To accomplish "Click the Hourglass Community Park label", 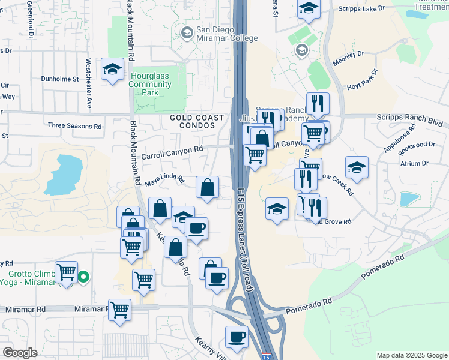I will click(x=150, y=85).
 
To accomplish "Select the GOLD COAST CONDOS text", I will click(x=197, y=122).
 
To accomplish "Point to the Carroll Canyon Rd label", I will click(x=172, y=152).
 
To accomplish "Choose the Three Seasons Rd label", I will click(x=75, y=126).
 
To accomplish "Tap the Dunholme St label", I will click(x=59, y=79).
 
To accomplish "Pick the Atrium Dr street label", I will click(x=412, y=163).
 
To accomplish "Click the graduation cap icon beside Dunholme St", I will click(x=112, y=70).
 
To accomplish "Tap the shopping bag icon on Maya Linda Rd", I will click(x=207, y=187).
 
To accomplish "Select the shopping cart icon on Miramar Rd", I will click(x=120, y=310).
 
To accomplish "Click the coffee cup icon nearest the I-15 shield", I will click(x=237, y=337).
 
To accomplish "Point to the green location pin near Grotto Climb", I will click(x=84, y=277).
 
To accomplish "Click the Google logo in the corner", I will click(x=19, y=353).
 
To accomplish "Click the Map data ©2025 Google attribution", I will click(x=411, y=355).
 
